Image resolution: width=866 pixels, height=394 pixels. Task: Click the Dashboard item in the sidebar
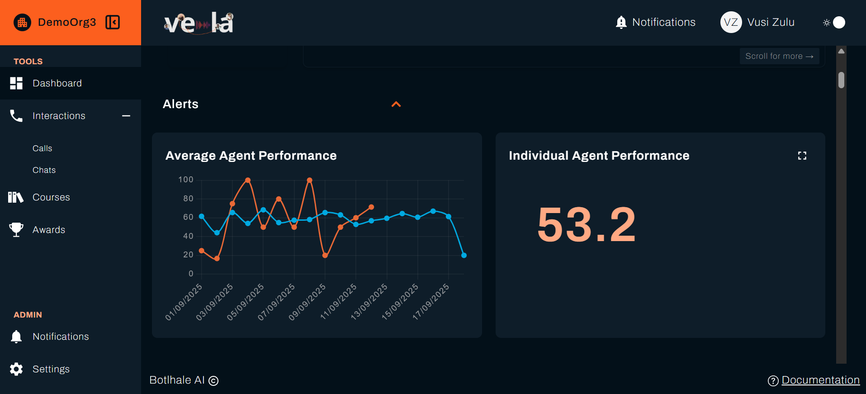57,83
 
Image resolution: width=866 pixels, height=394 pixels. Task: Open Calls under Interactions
43,148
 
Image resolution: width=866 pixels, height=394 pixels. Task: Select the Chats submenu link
44,170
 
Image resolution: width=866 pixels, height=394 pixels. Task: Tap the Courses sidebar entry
51,197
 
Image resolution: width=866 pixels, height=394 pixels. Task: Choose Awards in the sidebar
49,230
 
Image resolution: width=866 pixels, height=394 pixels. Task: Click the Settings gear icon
16,369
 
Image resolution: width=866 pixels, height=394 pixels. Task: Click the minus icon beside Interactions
126,116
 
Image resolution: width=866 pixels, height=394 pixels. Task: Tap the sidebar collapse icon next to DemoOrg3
113,22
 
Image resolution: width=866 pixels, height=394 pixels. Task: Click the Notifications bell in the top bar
621,22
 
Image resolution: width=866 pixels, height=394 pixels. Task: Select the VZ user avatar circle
731,22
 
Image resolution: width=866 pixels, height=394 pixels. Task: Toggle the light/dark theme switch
834,22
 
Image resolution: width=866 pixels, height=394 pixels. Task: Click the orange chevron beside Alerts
396,104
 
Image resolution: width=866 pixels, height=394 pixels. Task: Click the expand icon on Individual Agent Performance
802,156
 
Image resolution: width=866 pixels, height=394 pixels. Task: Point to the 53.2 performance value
586,224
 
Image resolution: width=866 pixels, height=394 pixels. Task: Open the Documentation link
820,380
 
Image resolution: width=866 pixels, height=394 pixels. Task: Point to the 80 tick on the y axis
188,199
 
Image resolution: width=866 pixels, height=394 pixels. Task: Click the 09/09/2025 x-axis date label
308,302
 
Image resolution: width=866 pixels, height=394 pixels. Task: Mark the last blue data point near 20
464,256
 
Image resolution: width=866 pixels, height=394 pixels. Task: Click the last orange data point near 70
371,207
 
